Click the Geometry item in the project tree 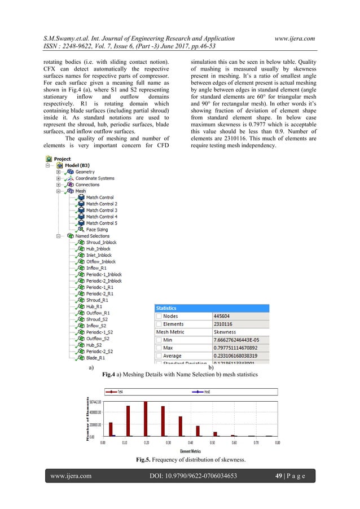(85, 172)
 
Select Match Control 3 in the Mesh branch (102, 210)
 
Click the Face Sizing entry (97, 230)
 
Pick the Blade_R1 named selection (98, 357)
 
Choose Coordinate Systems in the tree (95, 178)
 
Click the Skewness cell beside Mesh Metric (225, 332)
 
